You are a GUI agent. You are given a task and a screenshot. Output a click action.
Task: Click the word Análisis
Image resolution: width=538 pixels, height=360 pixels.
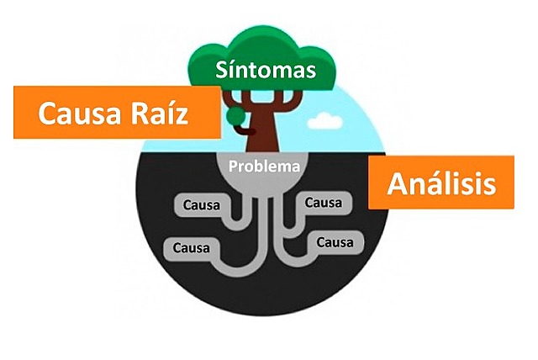(440, 183)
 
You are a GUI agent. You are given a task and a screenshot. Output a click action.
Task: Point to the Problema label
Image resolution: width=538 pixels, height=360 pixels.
(266, 166)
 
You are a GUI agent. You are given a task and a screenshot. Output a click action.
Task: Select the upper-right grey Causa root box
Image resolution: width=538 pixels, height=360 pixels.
(325, 202)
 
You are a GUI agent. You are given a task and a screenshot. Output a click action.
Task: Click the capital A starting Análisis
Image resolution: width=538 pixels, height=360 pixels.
(397, 183)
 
